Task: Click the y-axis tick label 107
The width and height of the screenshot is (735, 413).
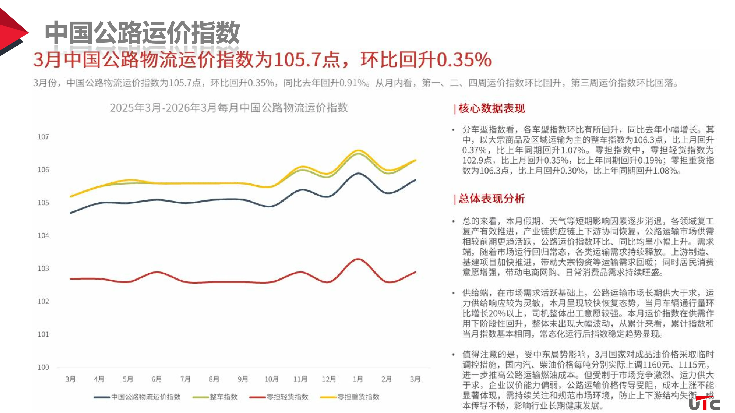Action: point(43,137)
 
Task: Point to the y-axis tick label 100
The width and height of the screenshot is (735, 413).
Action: point(43,367)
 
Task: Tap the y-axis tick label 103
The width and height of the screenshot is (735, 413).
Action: point(43,268)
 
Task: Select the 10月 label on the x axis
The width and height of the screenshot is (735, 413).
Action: point(271,379)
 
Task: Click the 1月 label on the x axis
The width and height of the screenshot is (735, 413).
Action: point(358,379)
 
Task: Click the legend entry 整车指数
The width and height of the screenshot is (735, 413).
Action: point(223,397)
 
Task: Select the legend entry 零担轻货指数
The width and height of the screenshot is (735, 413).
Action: point(287,397)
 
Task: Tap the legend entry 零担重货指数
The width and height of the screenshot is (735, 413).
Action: point(358,397)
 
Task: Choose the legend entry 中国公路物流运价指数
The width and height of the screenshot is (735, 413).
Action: point(145,397)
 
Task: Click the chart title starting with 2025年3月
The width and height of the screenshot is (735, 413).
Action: point(229,108)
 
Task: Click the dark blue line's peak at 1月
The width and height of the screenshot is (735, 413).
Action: point(358,173)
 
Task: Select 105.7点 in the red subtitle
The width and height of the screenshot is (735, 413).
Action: point(307,60)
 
